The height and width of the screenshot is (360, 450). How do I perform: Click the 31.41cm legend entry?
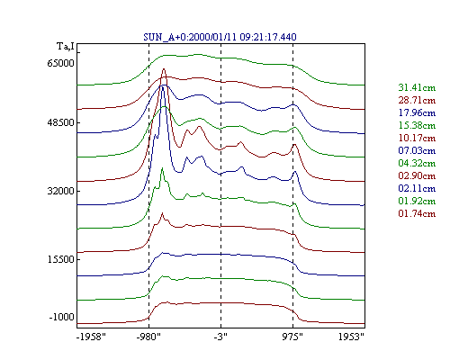point(417,87)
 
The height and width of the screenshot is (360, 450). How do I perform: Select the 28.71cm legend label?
point(417,100)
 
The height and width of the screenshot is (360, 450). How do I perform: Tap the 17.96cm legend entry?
point(417,112)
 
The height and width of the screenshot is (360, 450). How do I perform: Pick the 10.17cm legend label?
point(417,138)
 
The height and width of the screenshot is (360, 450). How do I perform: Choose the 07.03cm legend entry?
point(417,150)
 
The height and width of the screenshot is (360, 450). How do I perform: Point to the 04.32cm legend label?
point(417,163)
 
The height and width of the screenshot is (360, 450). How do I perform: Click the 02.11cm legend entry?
point(417,188)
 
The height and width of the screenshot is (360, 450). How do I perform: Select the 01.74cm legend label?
point(417,213)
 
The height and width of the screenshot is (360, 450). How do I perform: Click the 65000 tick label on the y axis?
point(60,63)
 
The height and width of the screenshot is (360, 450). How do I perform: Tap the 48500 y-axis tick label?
point(60,122)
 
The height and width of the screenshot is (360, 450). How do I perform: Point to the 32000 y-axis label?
point(60,191)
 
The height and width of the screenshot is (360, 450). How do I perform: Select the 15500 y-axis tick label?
point(60,259)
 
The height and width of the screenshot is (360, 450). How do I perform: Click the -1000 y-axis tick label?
point(61,317)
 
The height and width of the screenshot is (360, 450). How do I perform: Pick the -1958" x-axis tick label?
point(91,337)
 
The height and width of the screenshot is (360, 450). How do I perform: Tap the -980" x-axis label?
point(148,337)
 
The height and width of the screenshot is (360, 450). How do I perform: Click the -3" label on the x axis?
point(220,337)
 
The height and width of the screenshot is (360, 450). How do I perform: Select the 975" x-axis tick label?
point(292,337)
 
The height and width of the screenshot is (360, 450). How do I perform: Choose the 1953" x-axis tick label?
point(351,337)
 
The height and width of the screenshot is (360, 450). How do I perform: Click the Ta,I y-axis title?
point(66,47)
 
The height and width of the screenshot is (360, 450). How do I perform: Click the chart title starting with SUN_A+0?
point(220,37)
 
